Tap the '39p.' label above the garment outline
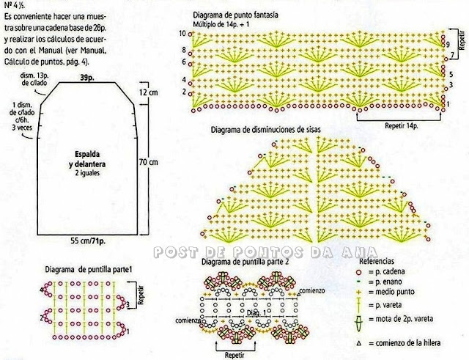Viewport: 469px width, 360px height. pos(86,77)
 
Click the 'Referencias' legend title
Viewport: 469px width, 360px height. pos(378,260)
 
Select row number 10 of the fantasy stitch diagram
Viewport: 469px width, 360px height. pos(180,34)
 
